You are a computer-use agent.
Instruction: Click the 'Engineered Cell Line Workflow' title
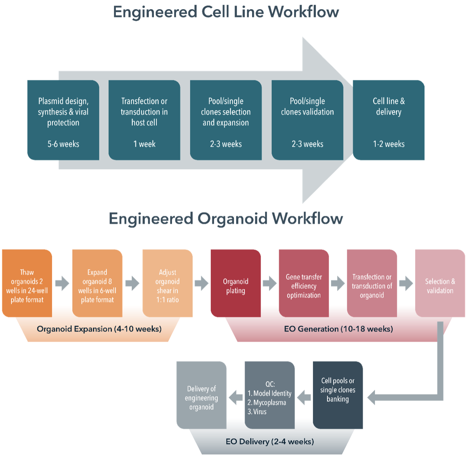[x=226, y=12]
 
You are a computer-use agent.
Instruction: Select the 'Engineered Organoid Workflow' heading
[x=226, y=219]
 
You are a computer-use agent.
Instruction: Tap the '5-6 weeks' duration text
[x=63, y=144]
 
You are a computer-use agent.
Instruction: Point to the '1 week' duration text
[x=144, y=144]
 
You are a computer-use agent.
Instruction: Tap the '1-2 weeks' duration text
[x=389, y=144]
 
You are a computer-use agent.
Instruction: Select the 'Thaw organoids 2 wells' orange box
[x=27, y=284]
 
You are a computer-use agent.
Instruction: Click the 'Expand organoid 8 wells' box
[x=97, y=284]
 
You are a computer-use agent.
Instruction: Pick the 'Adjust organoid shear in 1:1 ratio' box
[x=168, y=284]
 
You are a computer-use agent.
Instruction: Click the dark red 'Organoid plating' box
[x=235, y=284]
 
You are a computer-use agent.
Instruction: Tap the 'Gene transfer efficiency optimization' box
[x=304, y=284]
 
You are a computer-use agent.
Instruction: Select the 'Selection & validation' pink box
[x=440, y=284]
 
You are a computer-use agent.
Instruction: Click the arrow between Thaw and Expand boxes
[x=62, y=284]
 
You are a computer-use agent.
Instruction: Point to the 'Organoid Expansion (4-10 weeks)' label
[x=99, y=329]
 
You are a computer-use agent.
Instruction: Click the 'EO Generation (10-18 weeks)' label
[x=338, y=329]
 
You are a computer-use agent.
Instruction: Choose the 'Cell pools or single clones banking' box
[x=338, y=394]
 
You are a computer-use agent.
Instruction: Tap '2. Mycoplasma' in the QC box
[x=267, y=403]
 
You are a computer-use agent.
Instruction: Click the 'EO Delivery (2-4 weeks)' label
[x=270, y=442]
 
